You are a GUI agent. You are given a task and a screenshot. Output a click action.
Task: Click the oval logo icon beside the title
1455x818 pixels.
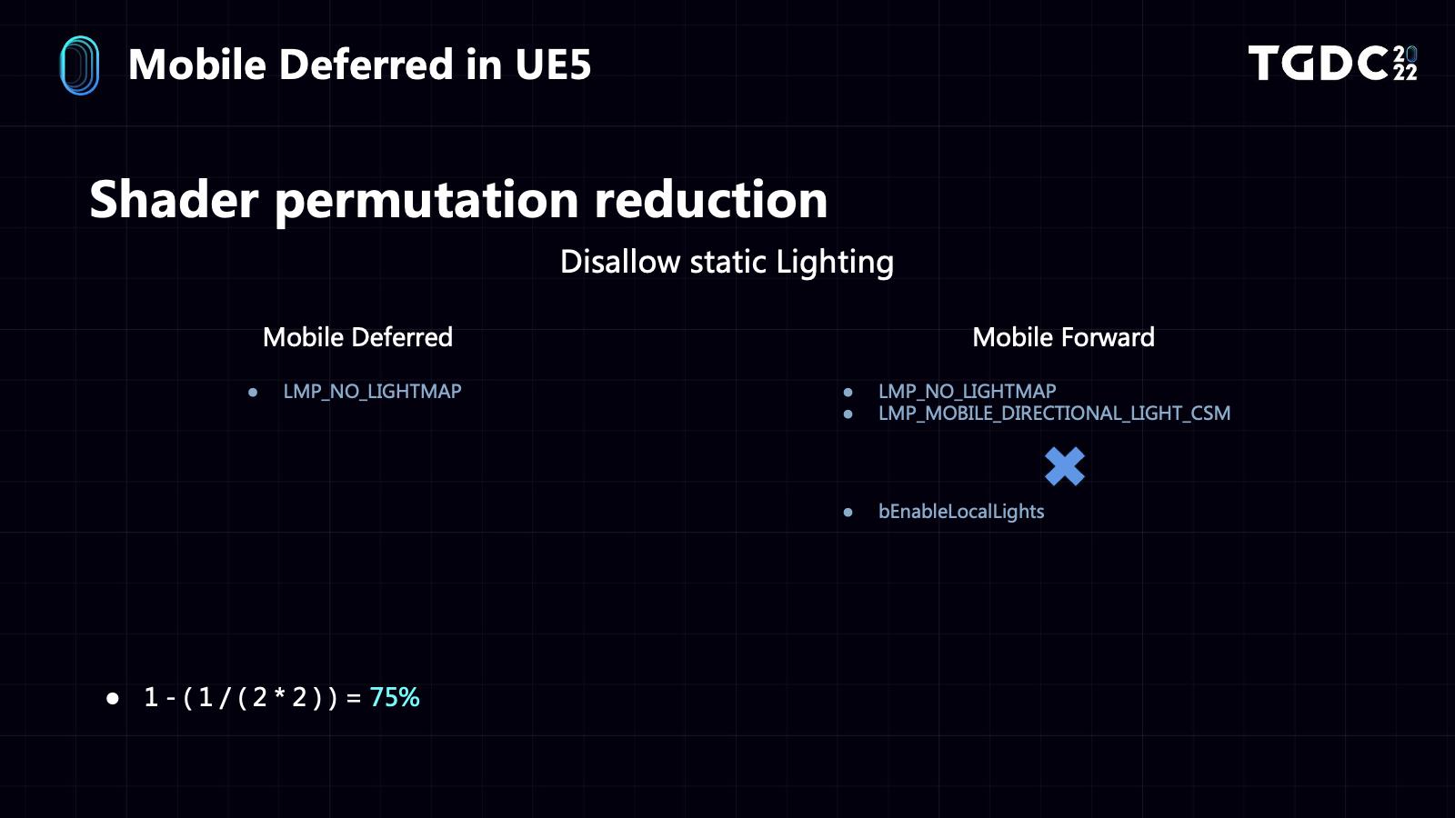tap(79, 65)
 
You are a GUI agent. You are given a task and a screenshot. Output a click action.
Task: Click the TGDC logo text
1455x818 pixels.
tap(1332, 63)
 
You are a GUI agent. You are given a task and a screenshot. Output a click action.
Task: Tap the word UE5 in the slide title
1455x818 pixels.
tap(553, 65)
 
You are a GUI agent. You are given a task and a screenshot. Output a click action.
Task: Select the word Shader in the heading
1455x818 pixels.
tap(174, 199)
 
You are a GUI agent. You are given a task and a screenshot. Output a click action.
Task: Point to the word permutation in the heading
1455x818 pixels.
tap(426, 201)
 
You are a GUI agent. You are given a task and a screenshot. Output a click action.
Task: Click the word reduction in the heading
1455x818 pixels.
tap(710, 199)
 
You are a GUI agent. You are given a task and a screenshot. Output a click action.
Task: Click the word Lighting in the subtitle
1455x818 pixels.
tap(835, 263)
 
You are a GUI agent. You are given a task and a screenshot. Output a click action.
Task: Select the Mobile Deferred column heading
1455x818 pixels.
tap(357, 337)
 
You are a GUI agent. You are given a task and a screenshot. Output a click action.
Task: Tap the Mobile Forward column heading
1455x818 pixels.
tap(1063, 337)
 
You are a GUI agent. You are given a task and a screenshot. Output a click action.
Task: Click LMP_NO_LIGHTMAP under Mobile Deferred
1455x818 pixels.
tap(372, 392)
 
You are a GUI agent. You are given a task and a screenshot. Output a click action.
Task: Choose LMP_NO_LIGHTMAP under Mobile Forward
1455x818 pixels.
tap(968, 392)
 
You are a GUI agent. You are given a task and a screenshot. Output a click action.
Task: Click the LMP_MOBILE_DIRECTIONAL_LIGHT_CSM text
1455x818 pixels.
tap(1054, 414)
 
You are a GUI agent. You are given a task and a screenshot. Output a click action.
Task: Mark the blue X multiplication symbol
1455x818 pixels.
tap(1065, 466)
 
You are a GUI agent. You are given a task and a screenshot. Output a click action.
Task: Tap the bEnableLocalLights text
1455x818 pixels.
tap(961, 512)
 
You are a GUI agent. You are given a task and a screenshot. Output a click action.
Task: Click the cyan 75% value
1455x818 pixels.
tap(395, 697)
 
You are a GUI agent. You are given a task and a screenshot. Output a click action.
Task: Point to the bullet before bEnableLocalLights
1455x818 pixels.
tap(848, 513)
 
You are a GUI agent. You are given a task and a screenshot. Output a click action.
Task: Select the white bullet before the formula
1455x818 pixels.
tap(113, 699)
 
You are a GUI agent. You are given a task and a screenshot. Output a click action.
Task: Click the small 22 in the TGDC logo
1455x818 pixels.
tap(1405, 72)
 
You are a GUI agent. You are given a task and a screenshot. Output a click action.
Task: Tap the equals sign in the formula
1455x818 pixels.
tap(354, 698)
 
